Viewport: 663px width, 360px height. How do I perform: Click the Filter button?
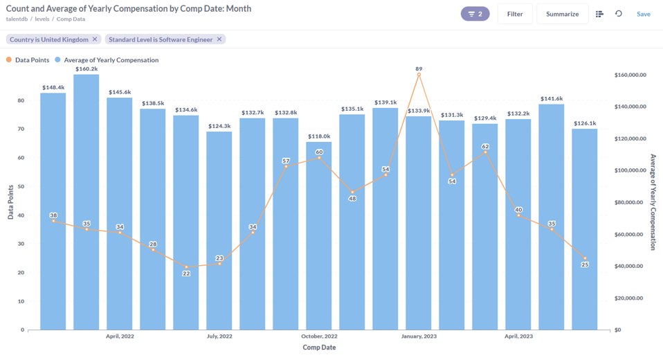(515, 14)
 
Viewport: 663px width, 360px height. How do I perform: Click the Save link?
(643, 14)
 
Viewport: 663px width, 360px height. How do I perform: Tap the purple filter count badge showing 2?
(475, 14)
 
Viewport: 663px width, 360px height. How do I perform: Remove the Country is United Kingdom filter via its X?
(95, 39)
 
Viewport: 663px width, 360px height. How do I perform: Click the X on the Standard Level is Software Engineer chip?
(219, 39)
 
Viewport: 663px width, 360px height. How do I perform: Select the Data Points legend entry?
(28, 60)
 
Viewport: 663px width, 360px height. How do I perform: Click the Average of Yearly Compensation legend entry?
(107, 60)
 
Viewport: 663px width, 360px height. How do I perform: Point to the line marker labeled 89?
(419, 75)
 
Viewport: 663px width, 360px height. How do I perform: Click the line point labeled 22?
(186, 267)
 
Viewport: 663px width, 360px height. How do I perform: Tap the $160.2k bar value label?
(87, 69)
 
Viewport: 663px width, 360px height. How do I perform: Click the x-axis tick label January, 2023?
(419, 336)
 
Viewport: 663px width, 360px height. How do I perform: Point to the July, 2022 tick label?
(219, 336)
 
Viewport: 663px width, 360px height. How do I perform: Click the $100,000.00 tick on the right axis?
(630, 170)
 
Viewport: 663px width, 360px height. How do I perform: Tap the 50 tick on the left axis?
(21, 186)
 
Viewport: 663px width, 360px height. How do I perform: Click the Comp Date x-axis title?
(319, 348)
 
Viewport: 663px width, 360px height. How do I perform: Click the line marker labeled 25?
(585, 258)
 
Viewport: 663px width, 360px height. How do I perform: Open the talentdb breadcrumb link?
(21, 19)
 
